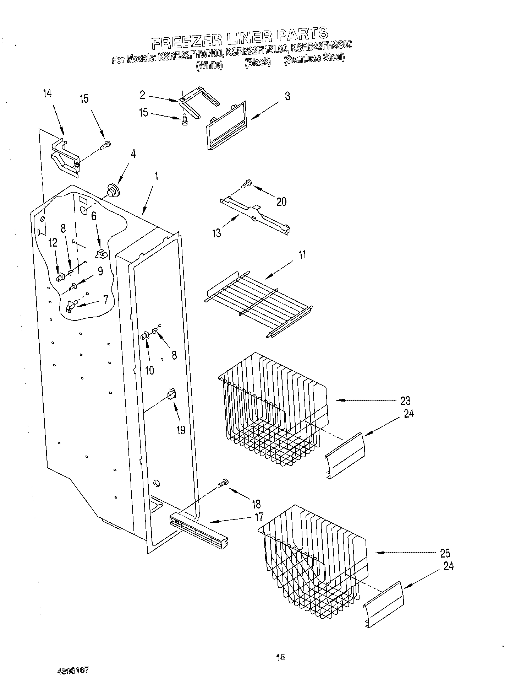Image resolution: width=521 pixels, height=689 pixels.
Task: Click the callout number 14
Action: click(x=47, y=93)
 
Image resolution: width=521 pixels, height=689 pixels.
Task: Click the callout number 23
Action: click(x=405, y=401)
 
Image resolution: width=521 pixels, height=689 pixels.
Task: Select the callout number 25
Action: click(x=445, y=553)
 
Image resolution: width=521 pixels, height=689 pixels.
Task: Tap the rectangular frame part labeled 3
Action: click(x=226, y=125)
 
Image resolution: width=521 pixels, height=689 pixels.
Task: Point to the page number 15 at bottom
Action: click(x=280, y=657)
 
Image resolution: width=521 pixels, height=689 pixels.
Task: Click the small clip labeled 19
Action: click(x=172, y=394)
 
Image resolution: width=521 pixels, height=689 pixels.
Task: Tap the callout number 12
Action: click(x=53, y=243)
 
